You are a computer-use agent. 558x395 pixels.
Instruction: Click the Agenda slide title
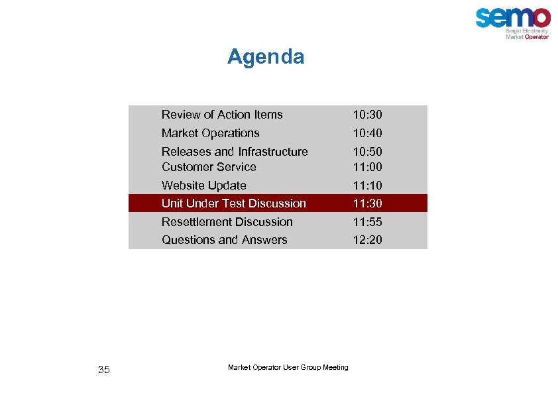[x=266, y=57]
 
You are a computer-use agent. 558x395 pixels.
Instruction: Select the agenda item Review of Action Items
[x=222, y=115]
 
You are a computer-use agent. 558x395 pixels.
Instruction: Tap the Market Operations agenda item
[x=210, y=133]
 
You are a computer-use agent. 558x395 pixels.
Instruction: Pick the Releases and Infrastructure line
[x=235, y=152]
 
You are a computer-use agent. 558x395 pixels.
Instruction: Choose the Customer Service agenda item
[x=209, y=167]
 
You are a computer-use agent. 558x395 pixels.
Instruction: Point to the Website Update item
[x=203, y=186]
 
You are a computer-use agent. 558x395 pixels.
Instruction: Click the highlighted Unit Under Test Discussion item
[x=233, y=203]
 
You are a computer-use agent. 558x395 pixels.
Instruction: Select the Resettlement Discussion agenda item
[x=227, y=222]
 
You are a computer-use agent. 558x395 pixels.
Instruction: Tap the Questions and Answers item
[x=224, y=240]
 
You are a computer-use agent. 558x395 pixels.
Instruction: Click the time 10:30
[x=367, y=115]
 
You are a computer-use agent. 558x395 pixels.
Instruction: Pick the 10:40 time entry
[x=367, y=133]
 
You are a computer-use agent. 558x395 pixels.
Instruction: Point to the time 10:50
[x=367, y=152]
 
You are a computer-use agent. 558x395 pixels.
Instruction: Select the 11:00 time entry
[x=367, y=167]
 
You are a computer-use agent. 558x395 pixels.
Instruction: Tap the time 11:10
[x=367, y=186]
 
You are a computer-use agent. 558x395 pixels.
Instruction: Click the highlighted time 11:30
[x=367, y=203]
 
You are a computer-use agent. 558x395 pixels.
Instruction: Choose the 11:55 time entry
[x=367, y=222]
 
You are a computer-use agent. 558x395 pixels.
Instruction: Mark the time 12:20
[x=367, y=240]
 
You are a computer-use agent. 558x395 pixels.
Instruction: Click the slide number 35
[x=103, y=370]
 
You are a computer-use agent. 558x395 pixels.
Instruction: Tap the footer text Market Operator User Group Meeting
[x=288, y=367]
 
